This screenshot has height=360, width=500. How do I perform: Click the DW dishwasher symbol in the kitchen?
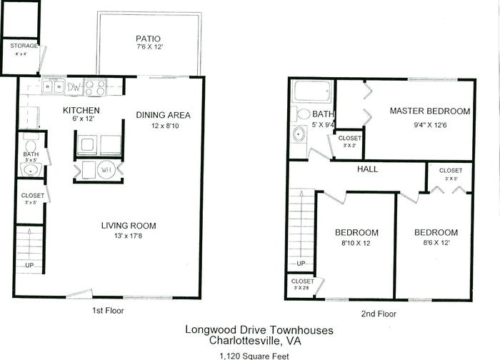[74, 87]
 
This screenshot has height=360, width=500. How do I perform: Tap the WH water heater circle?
[106, 169]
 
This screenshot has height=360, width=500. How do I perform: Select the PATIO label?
[148, 39]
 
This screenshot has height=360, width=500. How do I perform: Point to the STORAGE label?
[24, 46]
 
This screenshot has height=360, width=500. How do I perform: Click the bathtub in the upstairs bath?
[313, 92]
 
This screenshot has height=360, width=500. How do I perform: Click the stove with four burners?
[95, 87]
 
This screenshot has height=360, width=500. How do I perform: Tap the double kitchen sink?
[54, 86]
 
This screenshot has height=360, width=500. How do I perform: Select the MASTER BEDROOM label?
[430, 111]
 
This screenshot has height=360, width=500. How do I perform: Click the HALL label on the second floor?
[367, 169]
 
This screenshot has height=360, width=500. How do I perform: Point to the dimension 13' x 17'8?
[128, 236]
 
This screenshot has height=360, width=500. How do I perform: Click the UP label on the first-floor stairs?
[29, 265]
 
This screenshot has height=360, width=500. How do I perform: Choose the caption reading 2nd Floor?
[379, 314]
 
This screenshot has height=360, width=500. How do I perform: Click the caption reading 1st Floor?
[108, 310]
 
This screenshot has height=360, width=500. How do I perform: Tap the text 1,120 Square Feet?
[254, 356]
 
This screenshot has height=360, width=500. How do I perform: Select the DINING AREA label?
[164, 115]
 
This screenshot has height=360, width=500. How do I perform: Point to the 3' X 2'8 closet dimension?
[302, 289]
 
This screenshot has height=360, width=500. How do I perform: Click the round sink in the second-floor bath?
[299, 134]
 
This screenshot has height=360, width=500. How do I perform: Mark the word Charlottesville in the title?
[244, 341]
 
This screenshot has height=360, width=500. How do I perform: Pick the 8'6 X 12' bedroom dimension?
[436, 243]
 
